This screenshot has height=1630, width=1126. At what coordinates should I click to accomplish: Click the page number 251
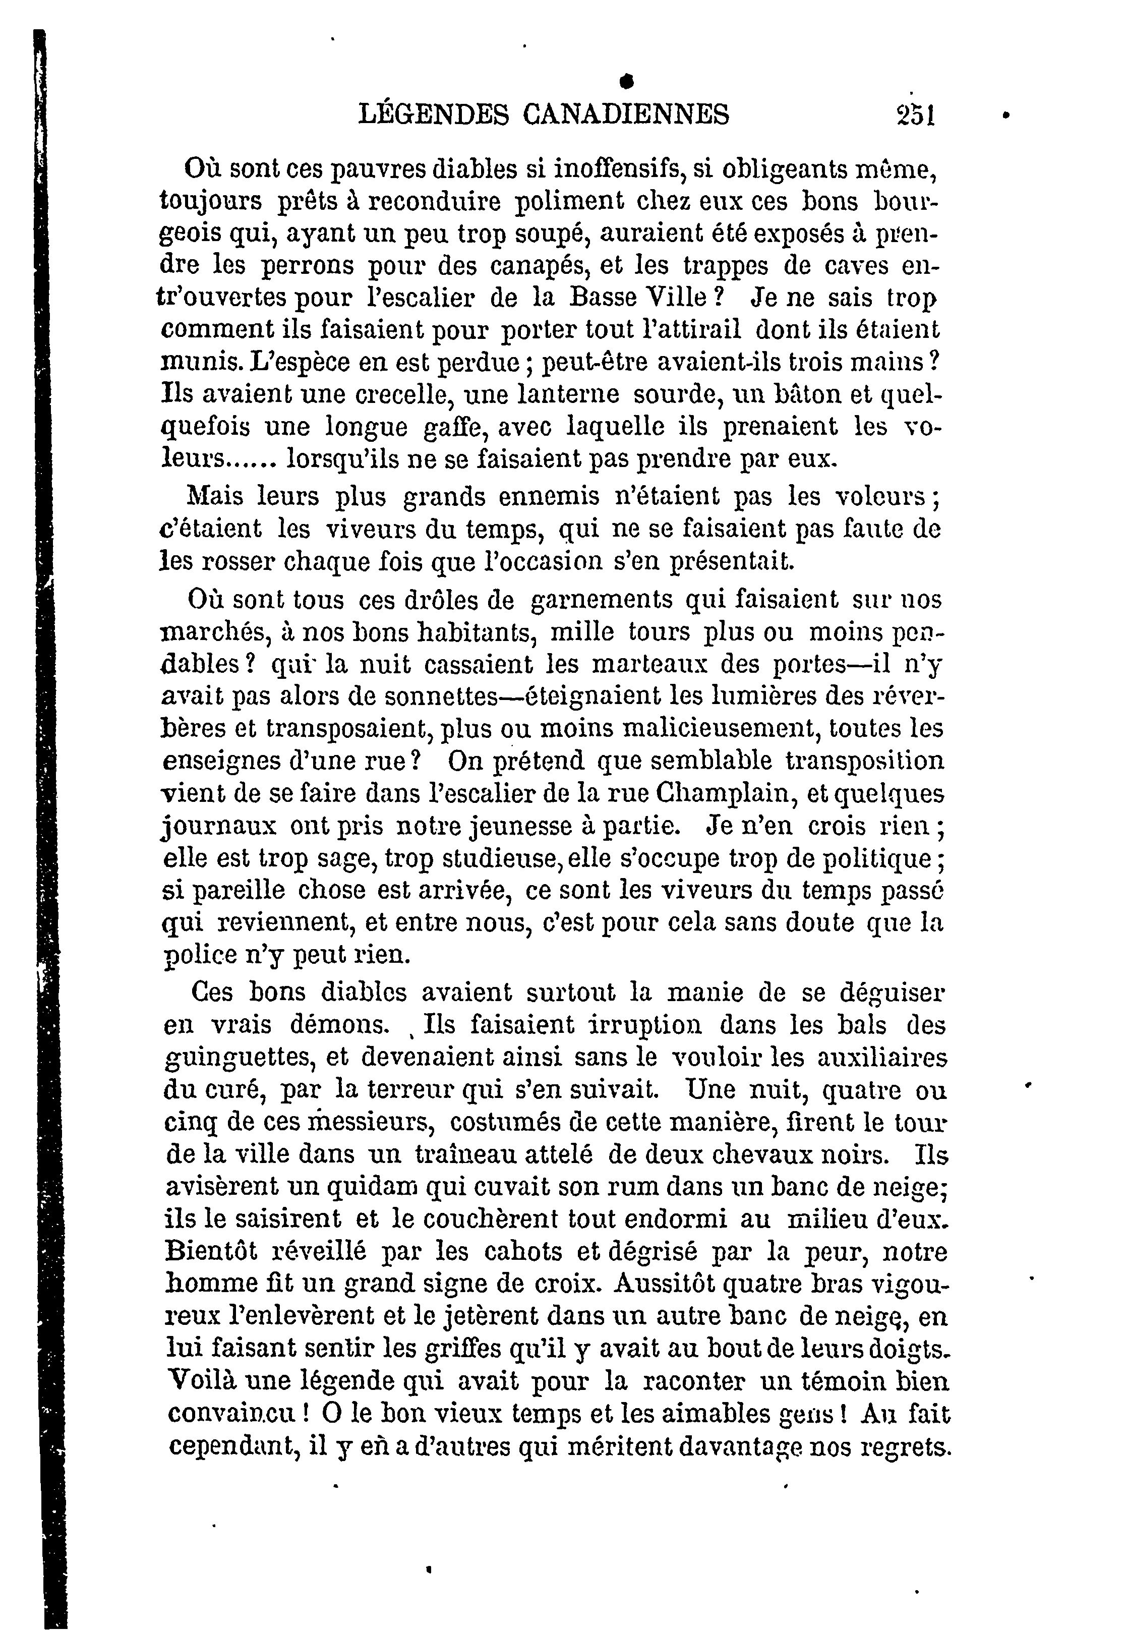(x=915, y=114)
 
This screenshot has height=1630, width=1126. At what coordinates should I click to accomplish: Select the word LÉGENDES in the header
(x=433, y=114)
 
